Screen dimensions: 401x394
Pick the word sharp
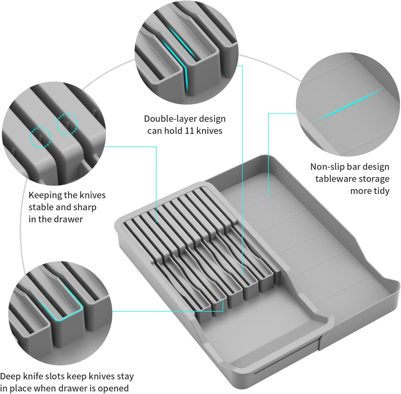(85, 208)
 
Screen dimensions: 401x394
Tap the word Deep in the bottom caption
(10, 377)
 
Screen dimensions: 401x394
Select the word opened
(113, 388)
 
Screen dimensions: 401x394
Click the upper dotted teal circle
(67, 124)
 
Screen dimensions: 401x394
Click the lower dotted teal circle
(41, 137)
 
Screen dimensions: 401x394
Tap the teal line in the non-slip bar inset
(348, 106)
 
